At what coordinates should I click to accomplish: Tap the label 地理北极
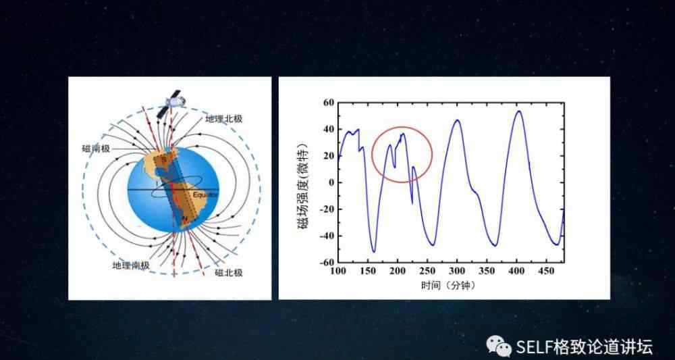[x=224, y=119]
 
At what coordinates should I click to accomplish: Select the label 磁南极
[x=96, y=149]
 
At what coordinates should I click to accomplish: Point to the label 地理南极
[x=131, y=265]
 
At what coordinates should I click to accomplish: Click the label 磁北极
[x=229, y=273]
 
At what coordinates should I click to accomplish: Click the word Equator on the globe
[x=205, y=195]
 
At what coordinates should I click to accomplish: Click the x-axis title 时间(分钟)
[x=450, y=285]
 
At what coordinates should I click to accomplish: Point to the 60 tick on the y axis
[x=329, y=103]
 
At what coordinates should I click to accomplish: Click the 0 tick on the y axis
[x=331, y=182]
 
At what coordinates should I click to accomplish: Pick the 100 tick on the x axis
[x=338, y=271]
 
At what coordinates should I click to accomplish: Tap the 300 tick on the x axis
[x=457, y=271]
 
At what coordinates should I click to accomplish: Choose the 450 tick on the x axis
[x=546, y=271]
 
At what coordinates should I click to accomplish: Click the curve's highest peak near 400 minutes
[x=518, y=111]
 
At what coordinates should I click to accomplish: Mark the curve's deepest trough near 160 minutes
[x=374, y=251]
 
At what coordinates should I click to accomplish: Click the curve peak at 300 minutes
[x=457, y=120]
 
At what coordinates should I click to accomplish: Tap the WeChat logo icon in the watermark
[x=500, y=345]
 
